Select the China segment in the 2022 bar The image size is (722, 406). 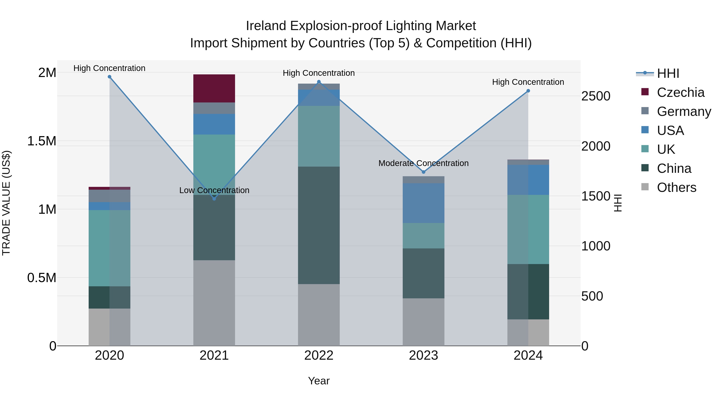tap(319, 225)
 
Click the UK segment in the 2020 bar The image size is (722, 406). tap(109, 248)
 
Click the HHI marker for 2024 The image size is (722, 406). tap(528, 91)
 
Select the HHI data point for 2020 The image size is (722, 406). tap(110, 77)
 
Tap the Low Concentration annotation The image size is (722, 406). tap(214, 190)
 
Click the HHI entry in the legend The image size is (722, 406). tap(668, 73)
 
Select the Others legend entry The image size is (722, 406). tap(676, 187)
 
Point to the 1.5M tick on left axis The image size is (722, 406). tap(42, 141)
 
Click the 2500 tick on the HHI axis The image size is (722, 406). tap(596, 96)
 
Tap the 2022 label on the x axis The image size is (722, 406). tap(319, 355)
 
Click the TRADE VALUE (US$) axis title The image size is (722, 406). tap(6, 203)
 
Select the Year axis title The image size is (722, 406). tap(319, 381)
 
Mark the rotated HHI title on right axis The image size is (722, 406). tap(618, 203)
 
